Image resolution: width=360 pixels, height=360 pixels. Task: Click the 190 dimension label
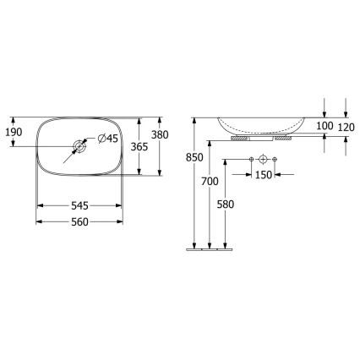(14, 132)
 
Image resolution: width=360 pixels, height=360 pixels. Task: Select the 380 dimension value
(159, 134)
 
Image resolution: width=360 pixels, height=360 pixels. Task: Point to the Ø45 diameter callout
(109, 139)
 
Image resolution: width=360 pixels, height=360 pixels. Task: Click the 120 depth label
(346, 126)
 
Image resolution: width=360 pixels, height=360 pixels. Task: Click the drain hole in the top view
(79, 146)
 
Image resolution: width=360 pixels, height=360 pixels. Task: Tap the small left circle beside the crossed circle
(252, 159)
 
